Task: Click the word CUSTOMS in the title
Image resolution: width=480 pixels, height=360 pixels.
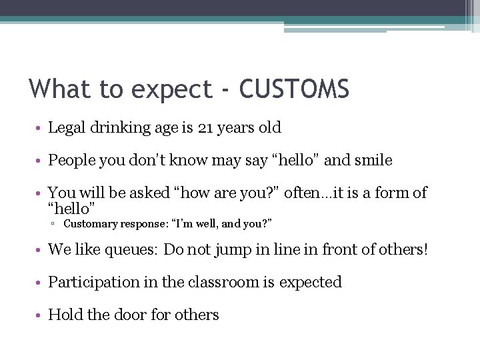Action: (294, 89)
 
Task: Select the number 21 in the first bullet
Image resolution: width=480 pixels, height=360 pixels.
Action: (206, 127)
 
